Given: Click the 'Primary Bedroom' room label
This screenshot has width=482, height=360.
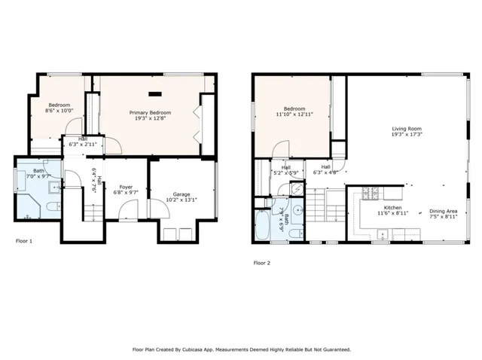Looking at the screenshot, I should coord(149,112).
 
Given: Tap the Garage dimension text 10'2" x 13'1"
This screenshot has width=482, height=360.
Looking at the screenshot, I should coord(182,200).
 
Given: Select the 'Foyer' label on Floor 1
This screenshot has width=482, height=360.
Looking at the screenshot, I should coord(126,186).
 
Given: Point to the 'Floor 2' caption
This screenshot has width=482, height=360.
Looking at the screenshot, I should coord(261,263).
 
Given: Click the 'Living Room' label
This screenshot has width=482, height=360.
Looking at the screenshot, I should coord(405,130).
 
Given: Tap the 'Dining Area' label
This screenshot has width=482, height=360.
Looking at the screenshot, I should coord(442,211).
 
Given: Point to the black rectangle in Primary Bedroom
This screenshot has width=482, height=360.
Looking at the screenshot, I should coord(156,94).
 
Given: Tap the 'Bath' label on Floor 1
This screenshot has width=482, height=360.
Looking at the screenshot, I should coord(38,171).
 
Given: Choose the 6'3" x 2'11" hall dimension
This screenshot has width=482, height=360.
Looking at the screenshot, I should coord(82,144).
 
